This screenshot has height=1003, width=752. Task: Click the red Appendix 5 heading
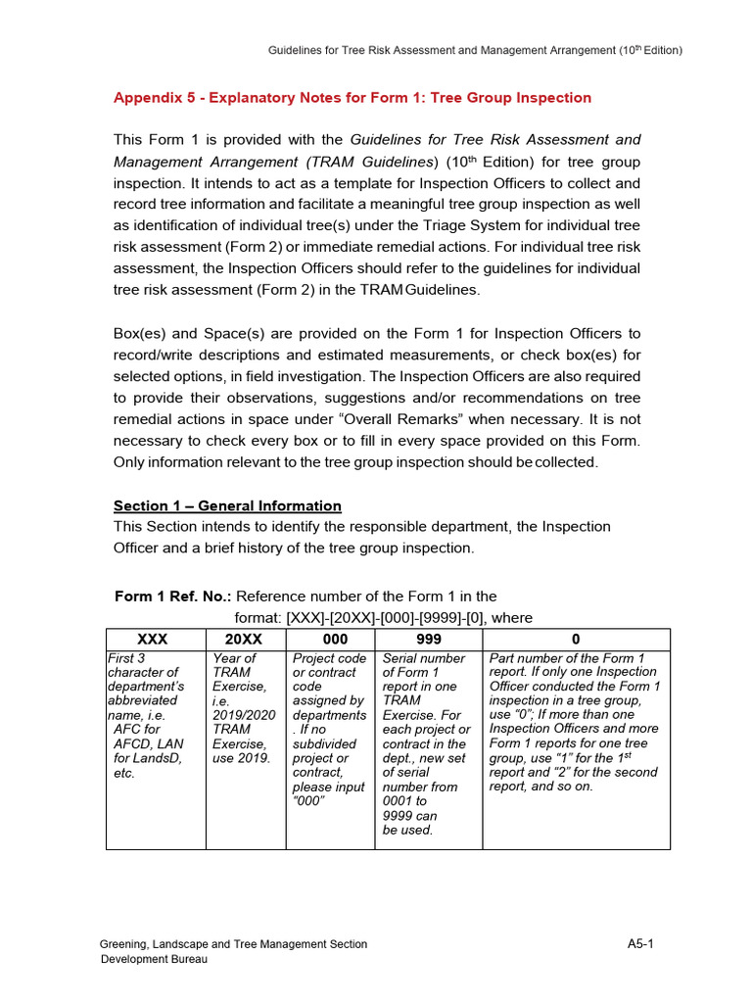click(352, 98)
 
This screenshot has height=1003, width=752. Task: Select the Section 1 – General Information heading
click(227, 505)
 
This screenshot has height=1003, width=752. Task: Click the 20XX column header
click(245, 639)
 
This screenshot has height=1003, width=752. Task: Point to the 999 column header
click(429, 639)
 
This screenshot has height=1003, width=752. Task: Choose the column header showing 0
click(576, 639)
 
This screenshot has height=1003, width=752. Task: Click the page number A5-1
click(640, 944)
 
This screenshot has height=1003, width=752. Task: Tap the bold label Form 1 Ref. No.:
click(173, 596)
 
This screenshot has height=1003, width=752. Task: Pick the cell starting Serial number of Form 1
click(427, 743)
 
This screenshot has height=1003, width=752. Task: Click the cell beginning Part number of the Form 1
click(575, 722)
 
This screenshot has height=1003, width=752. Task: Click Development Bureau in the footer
click(155, 959)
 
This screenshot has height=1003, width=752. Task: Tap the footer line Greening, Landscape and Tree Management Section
click(234, 944)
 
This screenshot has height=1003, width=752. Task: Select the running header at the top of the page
click(475, 50)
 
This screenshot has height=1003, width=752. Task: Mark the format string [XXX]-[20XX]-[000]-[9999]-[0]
click(386, 617)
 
